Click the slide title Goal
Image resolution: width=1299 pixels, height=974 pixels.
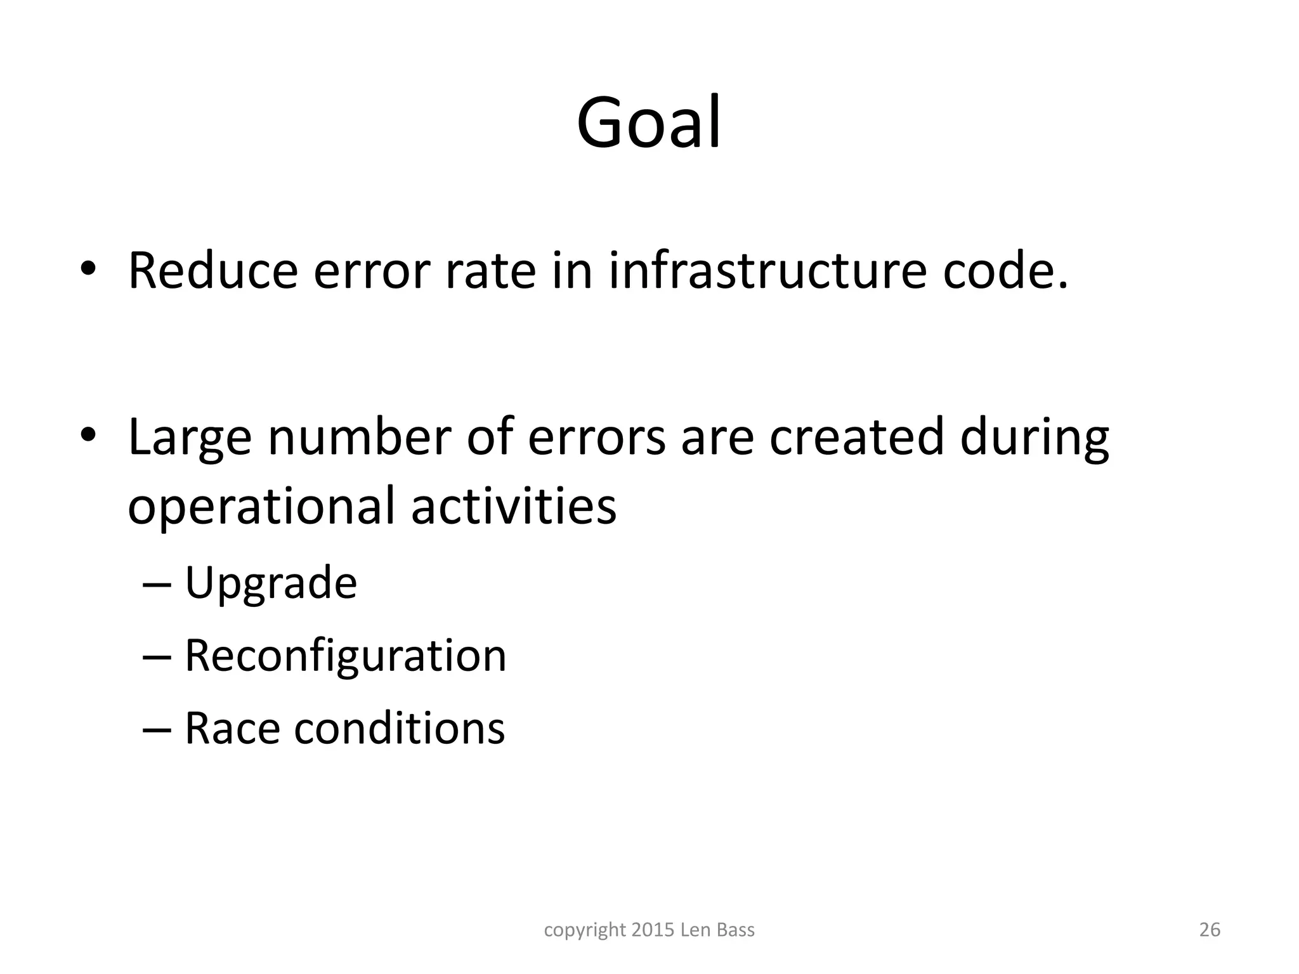[649, 122]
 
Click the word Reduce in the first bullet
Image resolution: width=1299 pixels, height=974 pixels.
[213, 271]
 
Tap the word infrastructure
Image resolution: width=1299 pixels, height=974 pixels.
[767, 271]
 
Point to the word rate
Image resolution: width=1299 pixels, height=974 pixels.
[490, 271]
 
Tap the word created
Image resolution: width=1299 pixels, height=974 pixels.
[857, 438]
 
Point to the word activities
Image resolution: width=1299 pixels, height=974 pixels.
[514, 506]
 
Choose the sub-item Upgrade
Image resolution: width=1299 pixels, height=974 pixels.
[271, 584]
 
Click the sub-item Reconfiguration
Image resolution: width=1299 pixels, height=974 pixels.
[346, 656]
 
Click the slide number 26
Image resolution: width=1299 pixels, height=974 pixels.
[1210, 930]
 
